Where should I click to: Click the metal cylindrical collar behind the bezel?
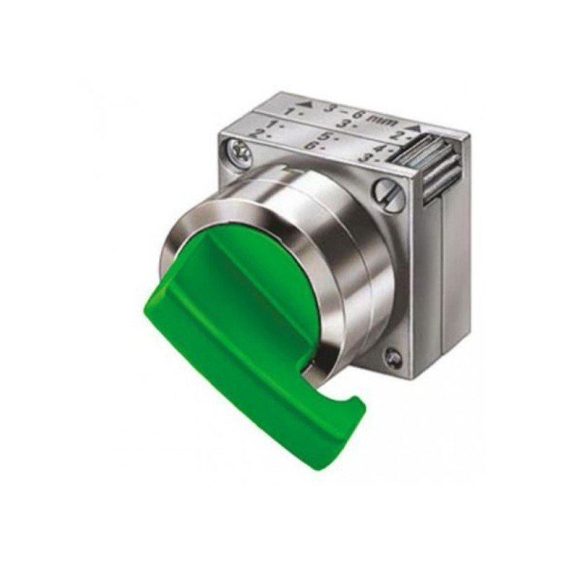(x=352, y=260)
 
